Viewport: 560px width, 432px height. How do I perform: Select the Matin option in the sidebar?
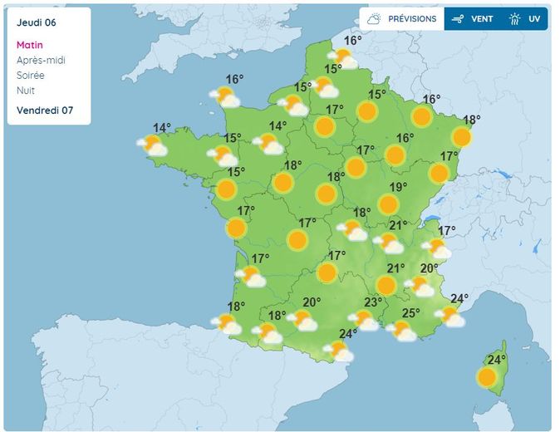click(x=29, y=45)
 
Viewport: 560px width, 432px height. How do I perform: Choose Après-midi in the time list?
click(x=41, y=60)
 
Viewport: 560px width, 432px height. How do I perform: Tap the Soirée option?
click(x=32, y=75)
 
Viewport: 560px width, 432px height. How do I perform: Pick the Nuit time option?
click(x=26, y=90)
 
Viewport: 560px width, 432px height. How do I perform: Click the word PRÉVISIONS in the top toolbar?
click(x=412, y=18)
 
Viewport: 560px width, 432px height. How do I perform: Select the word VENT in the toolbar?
click(x=482, y=18)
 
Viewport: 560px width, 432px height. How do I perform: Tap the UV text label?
click(x=534, y=18)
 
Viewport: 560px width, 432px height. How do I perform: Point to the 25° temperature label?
click(x=411, y=313)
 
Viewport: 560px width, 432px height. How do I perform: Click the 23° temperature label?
click(x=373, y=302)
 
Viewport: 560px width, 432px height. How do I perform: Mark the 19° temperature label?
click(x=399, y=187)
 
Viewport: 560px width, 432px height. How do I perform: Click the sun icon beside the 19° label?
click(x=387, y=204)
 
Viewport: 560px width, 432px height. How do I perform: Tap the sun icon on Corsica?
click(x=487, y=378)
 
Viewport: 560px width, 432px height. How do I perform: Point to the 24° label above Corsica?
click(x=496, y=360)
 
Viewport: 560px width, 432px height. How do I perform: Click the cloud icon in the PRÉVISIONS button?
click(x=375, y=18)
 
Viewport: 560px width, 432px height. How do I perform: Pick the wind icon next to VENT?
click(x=458, y=18)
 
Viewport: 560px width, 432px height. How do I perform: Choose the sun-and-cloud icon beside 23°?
click(x=363, y=320)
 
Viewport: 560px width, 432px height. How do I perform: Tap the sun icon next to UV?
click(x=515, y=18)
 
